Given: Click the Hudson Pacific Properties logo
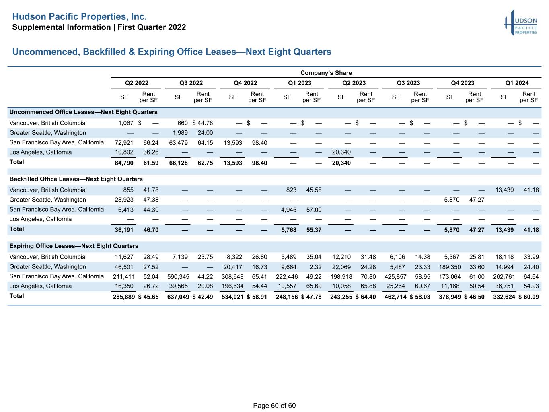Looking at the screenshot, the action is pyautogui.click(x=521, y=23).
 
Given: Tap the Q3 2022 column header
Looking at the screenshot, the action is pyautogui.click(x=191, y=83).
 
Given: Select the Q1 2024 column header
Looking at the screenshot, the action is pyautogui.click(x=517, y=83).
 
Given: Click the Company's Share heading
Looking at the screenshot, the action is pyautogui.click(x=326, y=73).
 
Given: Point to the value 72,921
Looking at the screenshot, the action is pyautogui.click(x=124, y=143).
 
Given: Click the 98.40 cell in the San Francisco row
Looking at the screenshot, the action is pyautogui.click(x=259, y=143).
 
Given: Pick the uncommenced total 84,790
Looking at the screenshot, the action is pyautogui.click(x=124, y=163).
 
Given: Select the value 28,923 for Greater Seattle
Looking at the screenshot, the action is pyautogui.click(x=124, y=200).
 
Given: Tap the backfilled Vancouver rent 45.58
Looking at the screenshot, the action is pyautogui.click(x=314, y=190).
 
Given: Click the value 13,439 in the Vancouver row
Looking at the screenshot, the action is pyautogui.click(x=504, y=190).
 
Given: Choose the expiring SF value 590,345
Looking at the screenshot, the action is pyautogui.click(x=178, y=277).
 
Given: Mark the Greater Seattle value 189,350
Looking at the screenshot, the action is pyautogui.click(x=450, y=267).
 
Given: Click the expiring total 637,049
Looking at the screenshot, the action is pyautogui.click(x=178, y=297).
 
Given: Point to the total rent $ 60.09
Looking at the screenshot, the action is pyautogui.click(x=528, y=297).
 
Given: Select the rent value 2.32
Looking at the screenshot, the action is pyautogui.click(x=315, y=267).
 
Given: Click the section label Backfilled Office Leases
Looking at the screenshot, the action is pyautogui.click(x=76, y=179).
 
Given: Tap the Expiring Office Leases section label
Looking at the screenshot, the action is pyautogui.click(x=74, y=246).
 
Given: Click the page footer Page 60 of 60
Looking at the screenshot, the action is pyautogui.click(x=274, y=406).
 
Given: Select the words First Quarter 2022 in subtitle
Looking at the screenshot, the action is pyautogui.click(x=152, y=27).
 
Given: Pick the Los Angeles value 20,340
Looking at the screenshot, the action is pyautogui.click(x=341, y=152).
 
